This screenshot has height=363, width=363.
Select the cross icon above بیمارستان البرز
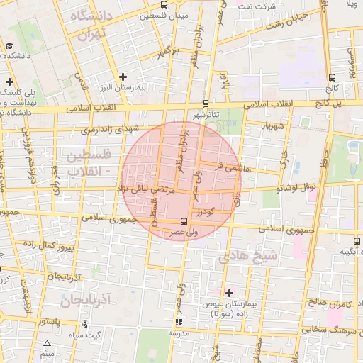click(x=123, y=76)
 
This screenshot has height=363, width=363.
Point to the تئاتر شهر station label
click(x=206, y=114)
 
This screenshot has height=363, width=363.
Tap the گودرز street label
click(x=206, y=211)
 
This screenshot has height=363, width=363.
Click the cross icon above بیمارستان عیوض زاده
click(x=229, y=291)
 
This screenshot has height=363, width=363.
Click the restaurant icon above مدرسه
click(x=177, y=322)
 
